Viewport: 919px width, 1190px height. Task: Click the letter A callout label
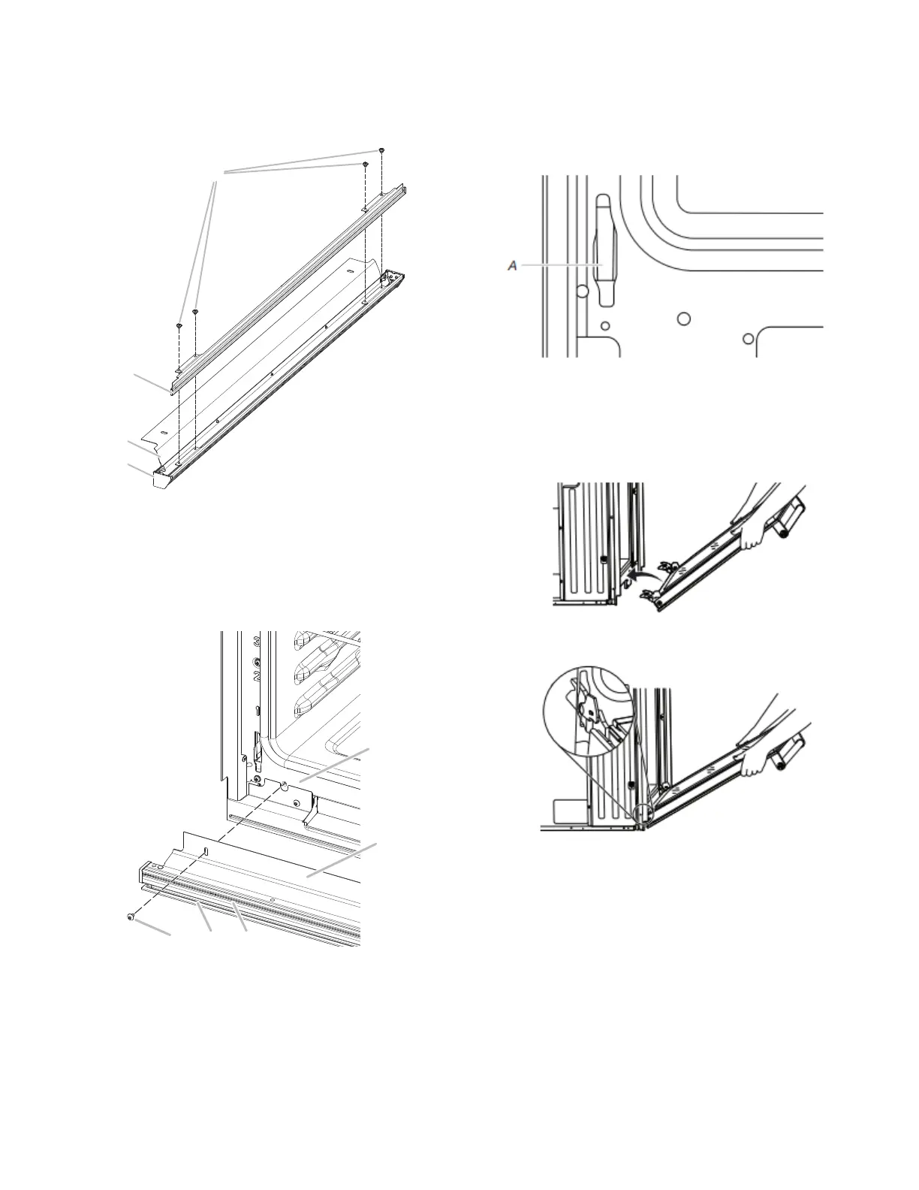[513, 265]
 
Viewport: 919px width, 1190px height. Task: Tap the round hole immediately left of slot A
[583, 290]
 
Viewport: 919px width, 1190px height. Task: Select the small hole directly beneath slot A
[605, 326]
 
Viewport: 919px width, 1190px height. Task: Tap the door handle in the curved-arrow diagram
[789, 518]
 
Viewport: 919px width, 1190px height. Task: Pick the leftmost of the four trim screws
[179, 326]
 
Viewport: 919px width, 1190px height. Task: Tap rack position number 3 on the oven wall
[257, 640]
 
